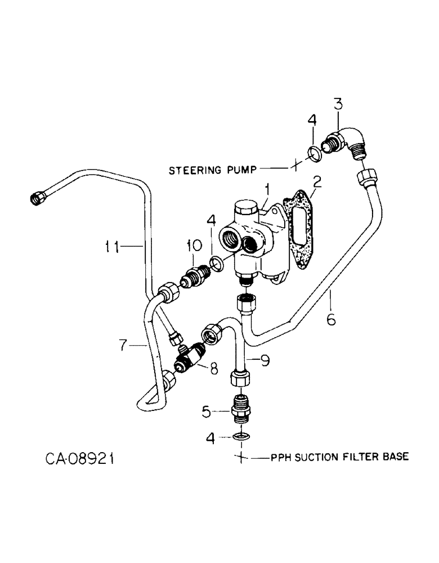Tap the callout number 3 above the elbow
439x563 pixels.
[x=338, y=104]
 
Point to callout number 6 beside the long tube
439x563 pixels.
[x=330, y=319]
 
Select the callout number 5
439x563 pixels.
[x=207, y=413]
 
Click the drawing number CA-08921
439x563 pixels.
[x=80, y=459]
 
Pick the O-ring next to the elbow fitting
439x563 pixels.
[x=316, y=151]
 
